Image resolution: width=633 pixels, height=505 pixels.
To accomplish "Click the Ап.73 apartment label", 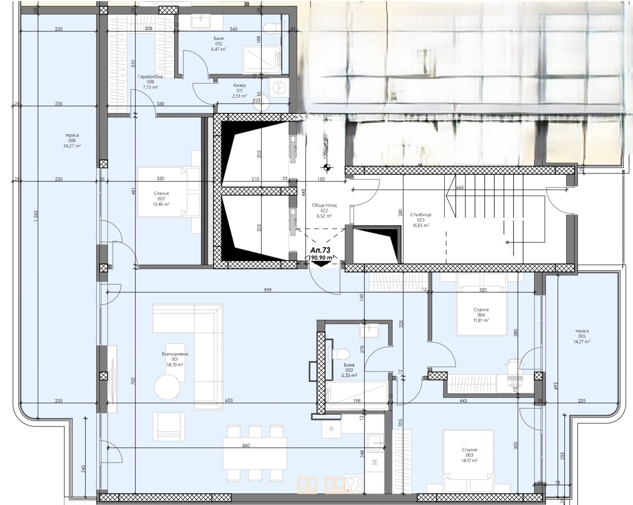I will click(320, 250).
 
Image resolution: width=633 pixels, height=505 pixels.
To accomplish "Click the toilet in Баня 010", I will click(271, 28).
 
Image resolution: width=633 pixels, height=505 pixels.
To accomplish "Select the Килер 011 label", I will click(239, 90).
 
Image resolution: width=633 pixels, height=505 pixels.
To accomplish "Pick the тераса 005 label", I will click(582, 336).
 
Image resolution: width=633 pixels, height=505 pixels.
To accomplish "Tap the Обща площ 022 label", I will click(324, 211).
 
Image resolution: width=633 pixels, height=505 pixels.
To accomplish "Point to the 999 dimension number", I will click(267, 290).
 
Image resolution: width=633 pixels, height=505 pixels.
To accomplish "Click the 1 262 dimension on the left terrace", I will click(35, 216).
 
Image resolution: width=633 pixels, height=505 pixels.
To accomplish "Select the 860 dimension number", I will click(246, 446).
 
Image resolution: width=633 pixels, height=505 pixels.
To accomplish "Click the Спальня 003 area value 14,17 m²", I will click(469, 460).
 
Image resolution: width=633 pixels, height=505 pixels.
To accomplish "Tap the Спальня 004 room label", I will click(481, 315).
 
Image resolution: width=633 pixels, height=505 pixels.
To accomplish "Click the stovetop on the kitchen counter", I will click(354, 484).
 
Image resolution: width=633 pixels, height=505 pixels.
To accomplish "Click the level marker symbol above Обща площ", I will click(326, 168).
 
